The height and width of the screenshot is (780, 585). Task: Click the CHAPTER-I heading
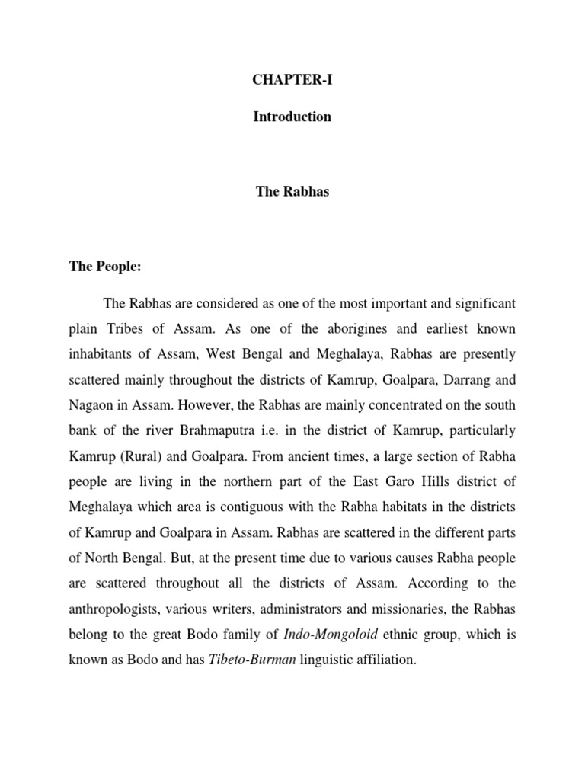point(292,79)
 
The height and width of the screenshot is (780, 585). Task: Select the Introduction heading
point(292,117)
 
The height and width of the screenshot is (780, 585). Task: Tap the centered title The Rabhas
point(292,192)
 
